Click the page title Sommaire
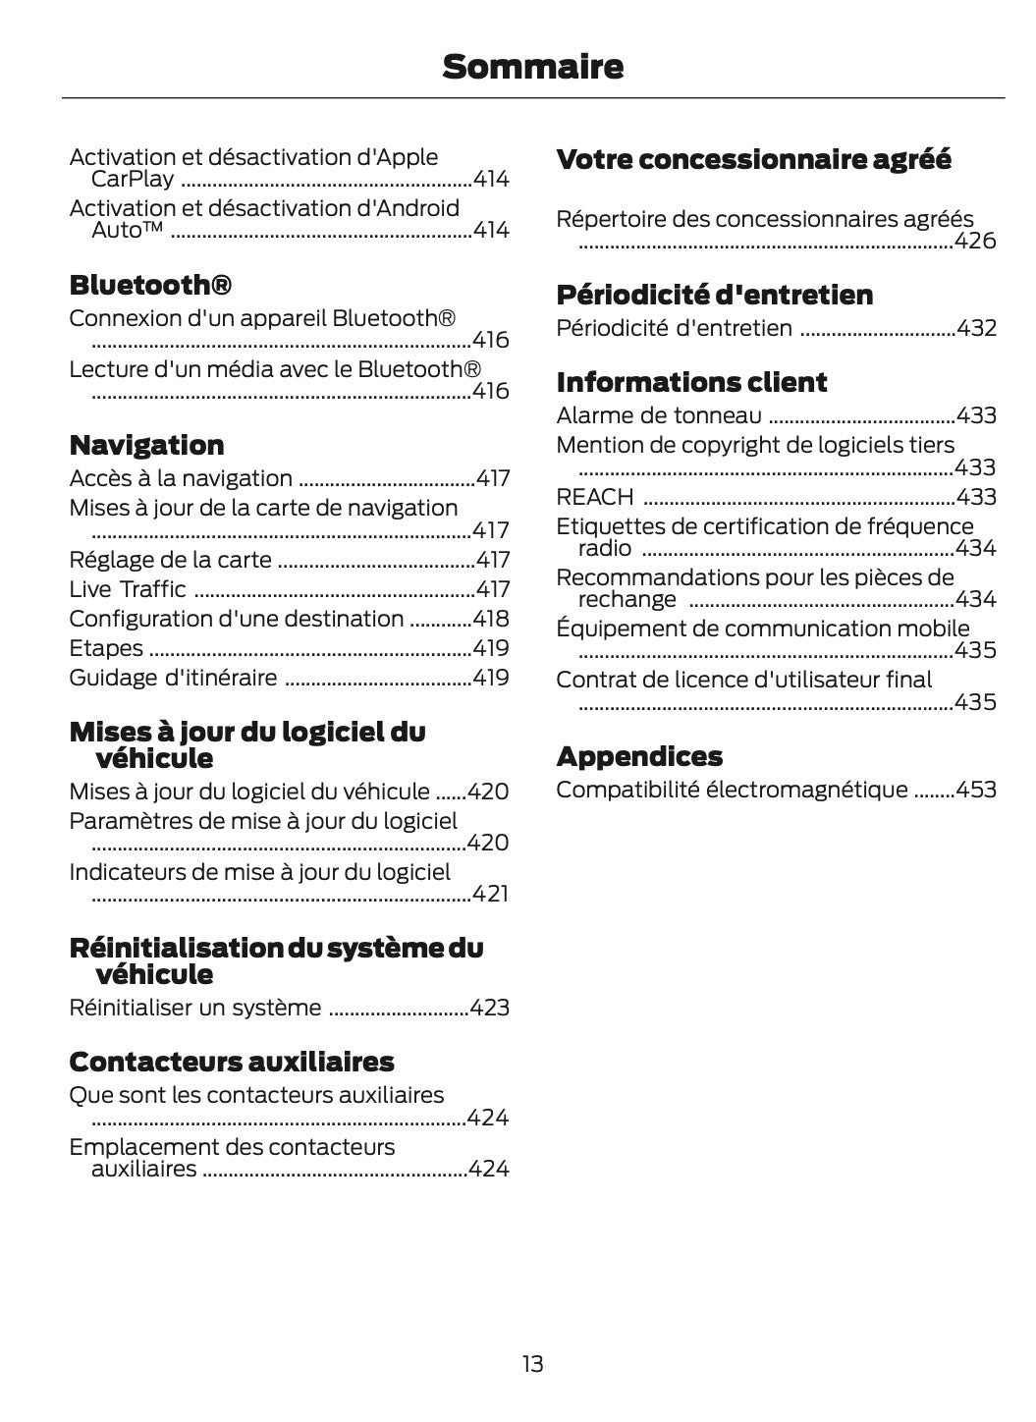532,67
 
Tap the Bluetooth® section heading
150,286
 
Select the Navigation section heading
146,446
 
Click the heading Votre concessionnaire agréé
753,159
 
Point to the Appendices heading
639,756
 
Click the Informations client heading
691,382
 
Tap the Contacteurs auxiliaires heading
231,1062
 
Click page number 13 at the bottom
532,1364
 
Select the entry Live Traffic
128,589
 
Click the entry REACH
595,497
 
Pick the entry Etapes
106,648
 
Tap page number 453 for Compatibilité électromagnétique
976,790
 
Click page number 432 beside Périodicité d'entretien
976,328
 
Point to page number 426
975,241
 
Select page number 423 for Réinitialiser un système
489,1008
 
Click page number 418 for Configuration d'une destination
491,619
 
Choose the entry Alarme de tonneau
658,415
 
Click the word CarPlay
133,179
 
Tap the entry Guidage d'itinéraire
173,678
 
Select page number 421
490,894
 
